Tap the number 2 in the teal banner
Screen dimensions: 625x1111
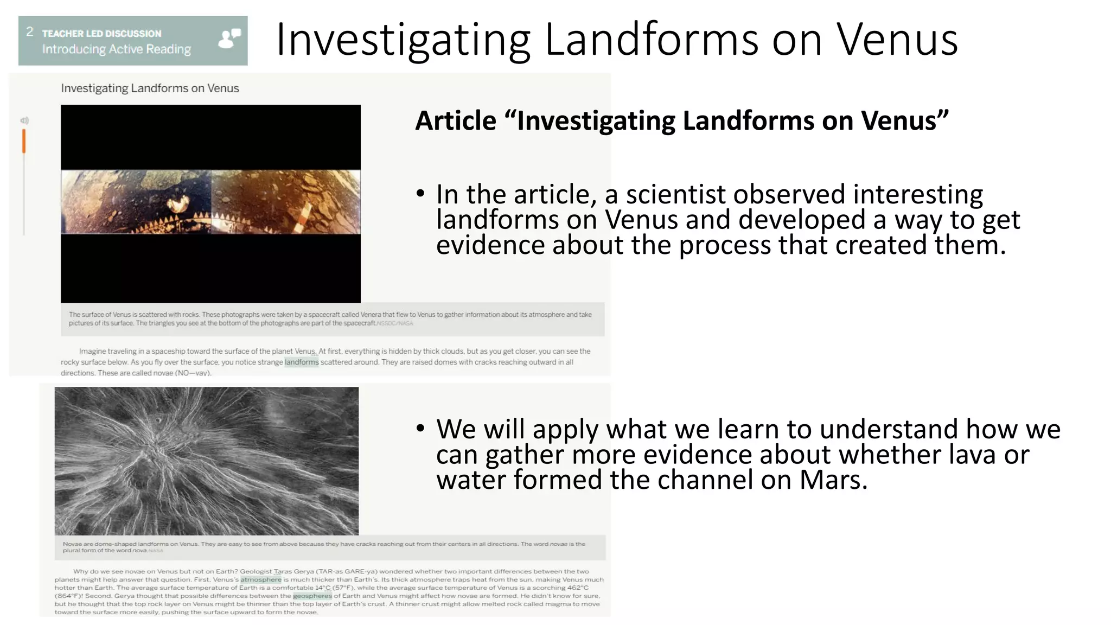coord(30,32)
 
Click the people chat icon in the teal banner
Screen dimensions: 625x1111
coord(229,39)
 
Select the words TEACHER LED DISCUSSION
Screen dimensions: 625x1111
coord(101,34)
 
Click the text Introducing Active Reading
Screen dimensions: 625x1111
coord(117,49)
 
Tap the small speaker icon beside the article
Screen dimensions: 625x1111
coord(24,120)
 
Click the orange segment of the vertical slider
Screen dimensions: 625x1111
coord(24,141)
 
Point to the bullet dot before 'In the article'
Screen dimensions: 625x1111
coord(420,194)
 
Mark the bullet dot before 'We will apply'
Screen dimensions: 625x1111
coord(420,429)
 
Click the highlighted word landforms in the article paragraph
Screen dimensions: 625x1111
coord(302,362)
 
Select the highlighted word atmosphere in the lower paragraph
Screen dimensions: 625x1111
coord(261,579)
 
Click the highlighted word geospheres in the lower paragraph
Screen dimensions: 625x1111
coord(312,596)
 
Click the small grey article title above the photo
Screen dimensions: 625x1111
coord(150,88)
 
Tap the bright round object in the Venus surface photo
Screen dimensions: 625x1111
coord(177,204)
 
